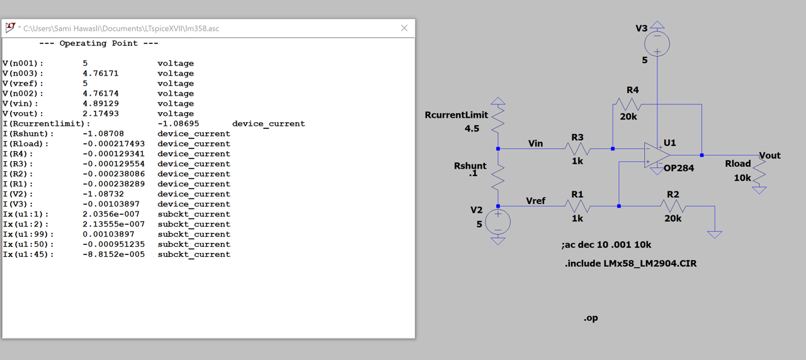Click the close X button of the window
[404, 28]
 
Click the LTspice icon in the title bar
[10, 28]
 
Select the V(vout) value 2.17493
[100, 114]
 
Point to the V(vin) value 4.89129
[100, 104]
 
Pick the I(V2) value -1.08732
[103, 194]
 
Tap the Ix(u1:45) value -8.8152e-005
[113, 255]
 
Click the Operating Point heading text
[99, 43]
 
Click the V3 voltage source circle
[657, 44]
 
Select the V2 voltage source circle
[497, 222]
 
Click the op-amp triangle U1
[657, 155]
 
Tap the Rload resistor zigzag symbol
[759, 174]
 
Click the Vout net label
[769, 155]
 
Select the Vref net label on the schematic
[535, 201]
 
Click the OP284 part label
[679, 168]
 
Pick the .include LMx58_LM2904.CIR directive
[630, 264]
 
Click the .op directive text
[591, 318]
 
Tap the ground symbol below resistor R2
[715, 235]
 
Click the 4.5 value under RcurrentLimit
[472, 128]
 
